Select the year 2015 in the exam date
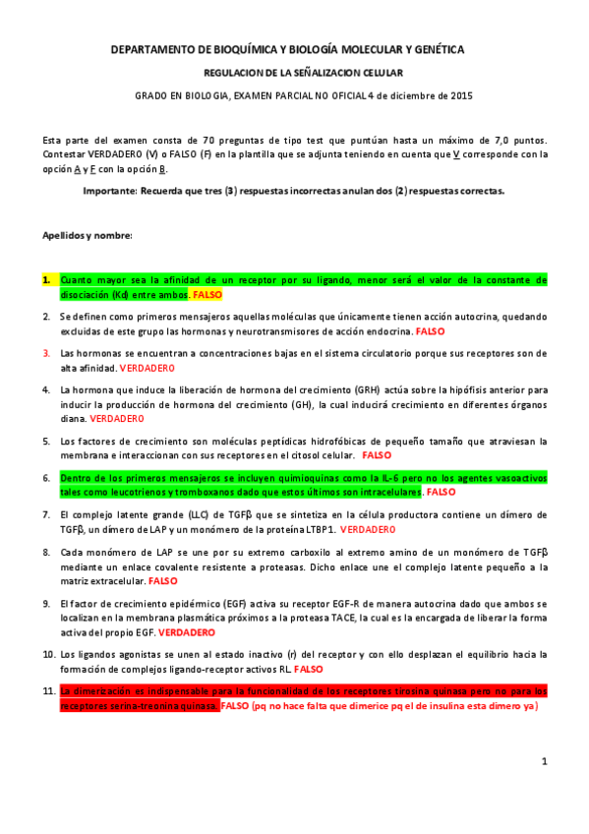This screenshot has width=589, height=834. [x=460, y=95]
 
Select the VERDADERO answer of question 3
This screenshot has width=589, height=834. [x=147, y=367]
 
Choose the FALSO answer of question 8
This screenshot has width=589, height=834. [x=135, y=581]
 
